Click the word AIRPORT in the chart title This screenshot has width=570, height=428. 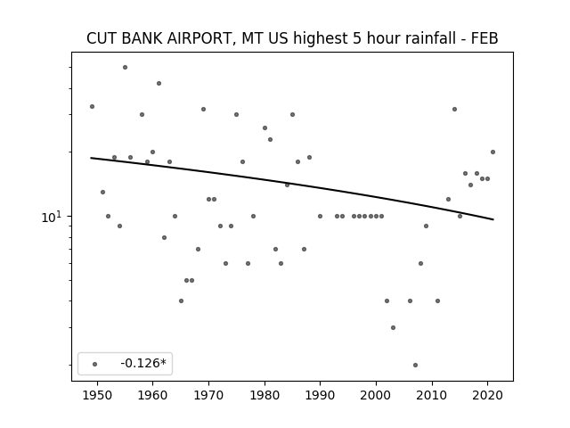click(198, 38)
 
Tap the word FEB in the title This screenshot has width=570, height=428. click(484, 38)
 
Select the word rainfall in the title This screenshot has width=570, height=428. click(430, 38)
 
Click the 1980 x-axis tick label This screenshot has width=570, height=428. click(265, 395)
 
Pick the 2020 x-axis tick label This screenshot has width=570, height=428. click(487, 395)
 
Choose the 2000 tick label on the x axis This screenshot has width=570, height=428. click(376, 395)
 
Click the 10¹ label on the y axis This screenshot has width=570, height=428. click(52, 217)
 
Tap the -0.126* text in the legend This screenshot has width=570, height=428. click(143, 363)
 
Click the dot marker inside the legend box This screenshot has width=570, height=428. click(95, 364)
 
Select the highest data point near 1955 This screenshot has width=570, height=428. click(125, 68)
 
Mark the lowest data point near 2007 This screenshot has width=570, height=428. click(416, 365)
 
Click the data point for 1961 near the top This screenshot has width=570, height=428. click(159, 83)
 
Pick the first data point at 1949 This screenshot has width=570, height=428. click(92, 107)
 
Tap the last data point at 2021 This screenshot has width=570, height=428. click(493, 152)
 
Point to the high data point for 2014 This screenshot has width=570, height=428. click(454, 109)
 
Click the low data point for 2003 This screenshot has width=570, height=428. click(393, 327)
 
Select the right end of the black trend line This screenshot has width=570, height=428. click(493, 219)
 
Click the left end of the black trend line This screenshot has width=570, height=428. click(91, 158)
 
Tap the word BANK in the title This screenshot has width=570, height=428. click(142, 38)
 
